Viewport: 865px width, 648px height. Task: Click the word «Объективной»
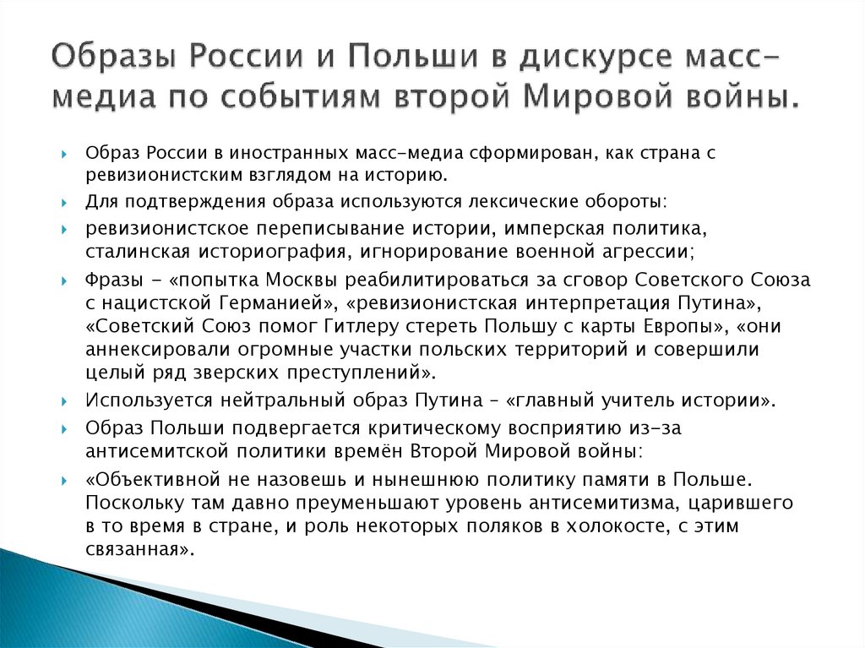[x=150, y=479]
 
